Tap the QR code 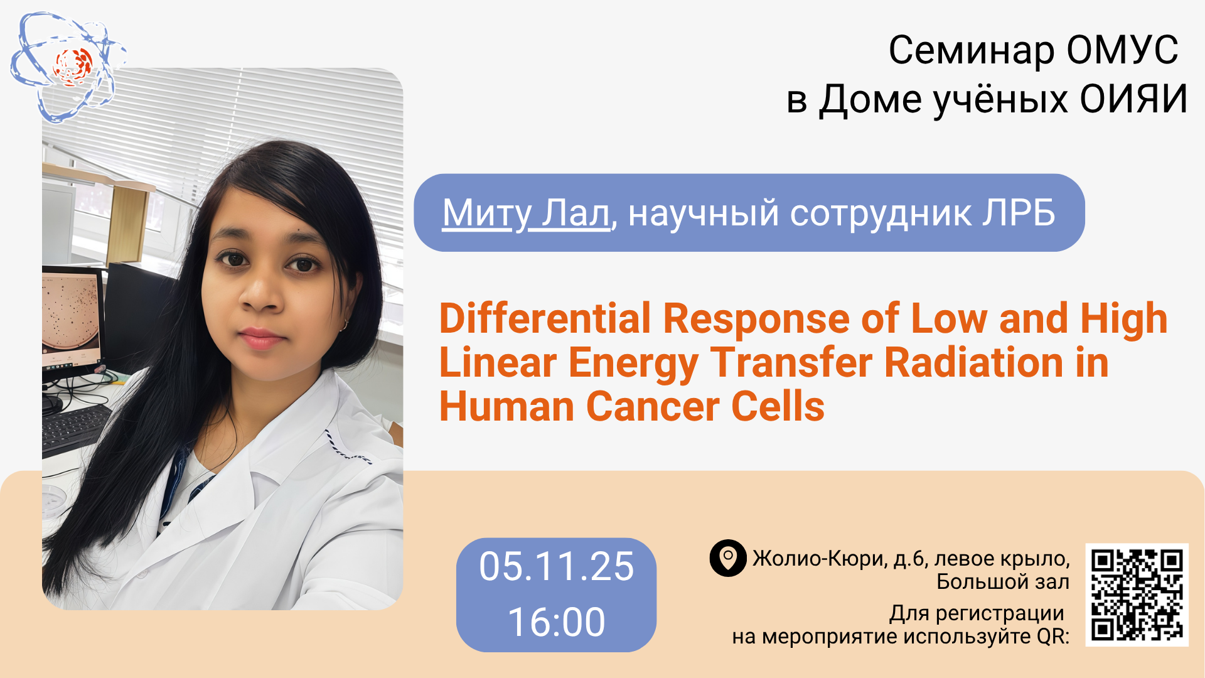1137,595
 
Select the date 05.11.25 556,567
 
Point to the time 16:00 556,622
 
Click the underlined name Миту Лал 526,213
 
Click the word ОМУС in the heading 1122,50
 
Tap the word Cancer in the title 653,407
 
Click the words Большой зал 1003,582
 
